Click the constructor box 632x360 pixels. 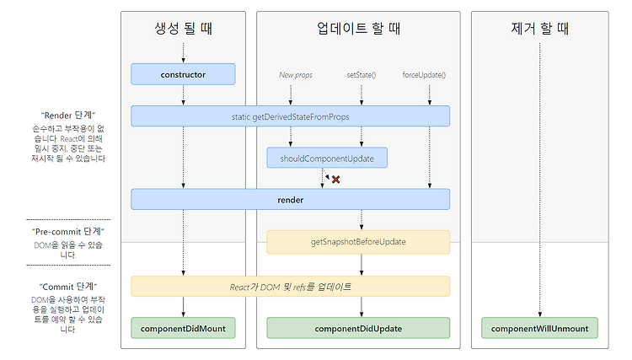pyautogui.click(x=183, y=74)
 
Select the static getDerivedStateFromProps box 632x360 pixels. pyautogui.click(x=290, y=116)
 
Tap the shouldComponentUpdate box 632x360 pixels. pyautogui.click(x=327, y=158)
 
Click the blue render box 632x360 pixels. pyautogui.click(x=290, y=200)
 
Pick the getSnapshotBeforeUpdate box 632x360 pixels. pyautogui.click(x=358, y=242)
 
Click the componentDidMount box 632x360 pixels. pyautogui.click(x=183, y=328)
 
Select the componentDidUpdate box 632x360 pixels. pyautogui.click(x=358, y=328)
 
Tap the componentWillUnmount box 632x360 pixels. pyautogui.click(x=539, y=328)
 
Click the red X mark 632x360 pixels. pyautogui.click(x=335, y=180)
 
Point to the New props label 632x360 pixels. pyautogui.click(x=296, y=75)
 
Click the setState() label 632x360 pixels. pyautogui.click(x=362, y=75)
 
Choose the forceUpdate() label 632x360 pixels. pyautogui.click(x=424, y=75)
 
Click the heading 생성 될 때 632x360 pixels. pyautogui.click(x=183, y=28)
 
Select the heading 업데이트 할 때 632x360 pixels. pyautogui.click(x=358, y=28)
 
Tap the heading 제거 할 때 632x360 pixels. pyautogui.click(x=539, y=28)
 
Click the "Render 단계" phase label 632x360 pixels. pyautogui.click(x=68, y=116)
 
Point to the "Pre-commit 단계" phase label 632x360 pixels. pyautogui.click(x=68, y=231)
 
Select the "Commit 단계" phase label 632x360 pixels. pyautogui.click(x=68, y=287)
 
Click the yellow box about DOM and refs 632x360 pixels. pyautogui.click(x=290, y=287)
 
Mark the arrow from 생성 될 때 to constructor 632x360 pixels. pyautogui.click(x=183, y=53)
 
